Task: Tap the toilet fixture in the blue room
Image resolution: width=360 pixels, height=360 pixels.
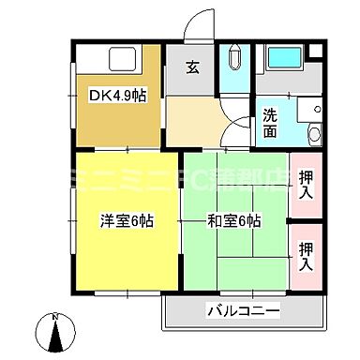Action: (x=233, y=67)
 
